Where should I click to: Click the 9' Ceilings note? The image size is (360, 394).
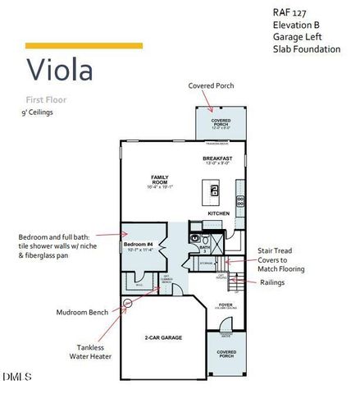(x=38, y=112)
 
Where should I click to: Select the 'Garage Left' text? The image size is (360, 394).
(x=297, y=37)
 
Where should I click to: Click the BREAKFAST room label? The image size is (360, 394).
(x=217, y=158)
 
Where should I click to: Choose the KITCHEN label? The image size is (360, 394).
(x=218, y=213)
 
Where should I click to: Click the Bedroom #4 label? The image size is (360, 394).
(x=137, y=245)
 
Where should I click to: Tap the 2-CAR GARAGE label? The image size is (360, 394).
(x=164, y=337)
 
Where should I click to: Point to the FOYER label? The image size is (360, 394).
(x=226, y=305)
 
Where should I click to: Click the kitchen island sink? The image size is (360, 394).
(x=215, y=190)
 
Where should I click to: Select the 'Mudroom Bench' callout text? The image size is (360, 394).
(x=81, y=313)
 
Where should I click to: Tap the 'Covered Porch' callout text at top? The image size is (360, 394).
(x=212, y=85)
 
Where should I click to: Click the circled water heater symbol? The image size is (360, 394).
(x=128, y=302)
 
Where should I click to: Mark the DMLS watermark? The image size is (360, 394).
(x=16, y=377)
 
